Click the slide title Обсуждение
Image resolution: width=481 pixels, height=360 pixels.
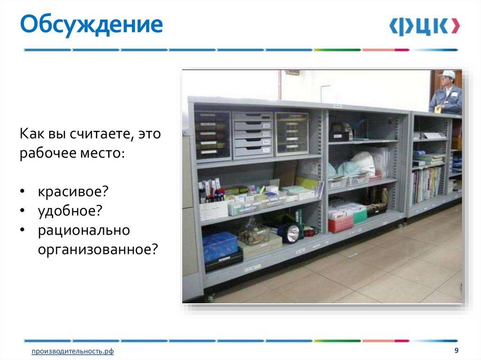point(91,25)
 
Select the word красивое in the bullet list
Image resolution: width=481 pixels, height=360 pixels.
point(73,191)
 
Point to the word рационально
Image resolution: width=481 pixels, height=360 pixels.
point(84,230)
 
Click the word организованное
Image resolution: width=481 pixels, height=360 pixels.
point(97,249)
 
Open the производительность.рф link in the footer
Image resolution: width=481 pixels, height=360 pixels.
point(73,352)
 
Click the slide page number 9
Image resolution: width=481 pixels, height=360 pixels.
point(456,351)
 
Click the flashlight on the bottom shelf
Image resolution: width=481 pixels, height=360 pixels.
point(290,231)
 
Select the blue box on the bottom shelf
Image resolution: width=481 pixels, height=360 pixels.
point(220,245)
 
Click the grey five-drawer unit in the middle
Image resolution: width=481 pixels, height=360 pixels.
point(253,134)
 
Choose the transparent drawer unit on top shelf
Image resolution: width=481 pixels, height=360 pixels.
point(292,133)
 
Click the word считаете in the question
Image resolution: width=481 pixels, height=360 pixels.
point(99,134)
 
